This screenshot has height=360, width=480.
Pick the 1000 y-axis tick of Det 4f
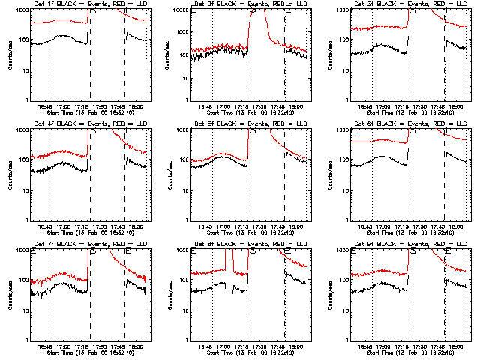click(x=23, y=130)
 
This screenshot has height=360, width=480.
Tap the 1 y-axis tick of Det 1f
click(x=27, y=100)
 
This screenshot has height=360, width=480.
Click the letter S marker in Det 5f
click(x=253, y=130)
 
